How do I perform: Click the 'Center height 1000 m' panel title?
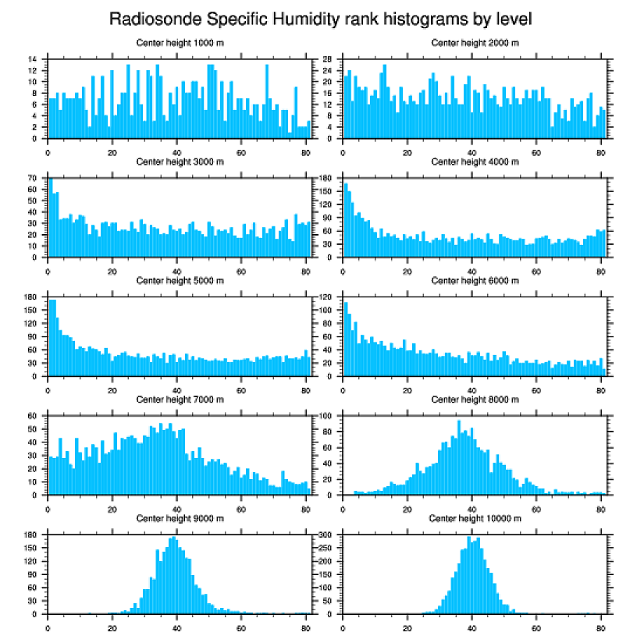click(180, 42)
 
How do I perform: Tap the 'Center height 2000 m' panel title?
click(475, 42)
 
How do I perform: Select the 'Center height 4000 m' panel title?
click(475, 162)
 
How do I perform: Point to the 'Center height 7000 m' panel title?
click(180, 400)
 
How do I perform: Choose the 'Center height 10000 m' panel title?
click(475, 519)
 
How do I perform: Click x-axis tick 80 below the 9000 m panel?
click(305, 625)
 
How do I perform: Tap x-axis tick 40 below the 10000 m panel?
click(472, 625)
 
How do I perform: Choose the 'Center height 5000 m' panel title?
click(180, 281)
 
